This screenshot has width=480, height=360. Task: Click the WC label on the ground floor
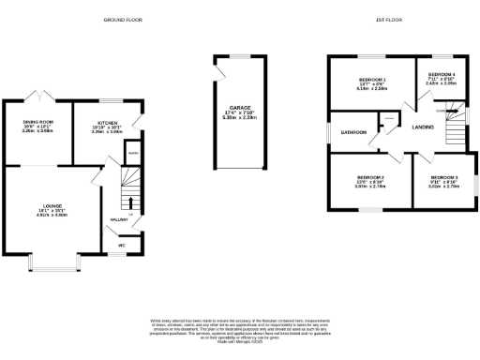coord(122,246)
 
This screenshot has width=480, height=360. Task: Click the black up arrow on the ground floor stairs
coord(130,203)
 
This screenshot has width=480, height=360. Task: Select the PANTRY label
coord(133,152)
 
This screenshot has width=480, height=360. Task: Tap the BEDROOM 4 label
coord(442,74)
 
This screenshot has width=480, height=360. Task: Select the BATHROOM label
coord(353,132)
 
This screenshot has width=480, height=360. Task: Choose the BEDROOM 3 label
coord(443,177)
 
